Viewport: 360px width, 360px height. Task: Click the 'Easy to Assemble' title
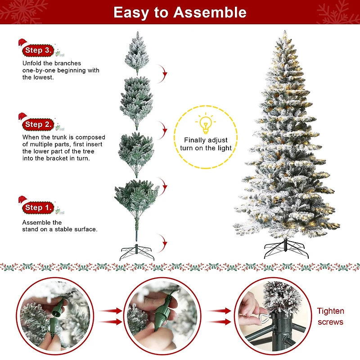tap(180, 12)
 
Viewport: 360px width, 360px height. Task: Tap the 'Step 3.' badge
tap(39, 50)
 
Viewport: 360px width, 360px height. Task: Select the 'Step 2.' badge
tap(39, 124)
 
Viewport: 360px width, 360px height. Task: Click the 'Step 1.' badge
tap(39, 207)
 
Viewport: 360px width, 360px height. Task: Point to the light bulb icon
tap(206, 124)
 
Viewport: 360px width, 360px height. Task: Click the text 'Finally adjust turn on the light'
tap(206, 144)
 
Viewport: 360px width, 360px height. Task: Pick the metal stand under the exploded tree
tap(137, 253)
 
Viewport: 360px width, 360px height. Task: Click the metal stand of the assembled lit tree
tap(286, 249)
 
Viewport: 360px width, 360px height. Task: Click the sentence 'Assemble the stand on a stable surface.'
tap(59, 226)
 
